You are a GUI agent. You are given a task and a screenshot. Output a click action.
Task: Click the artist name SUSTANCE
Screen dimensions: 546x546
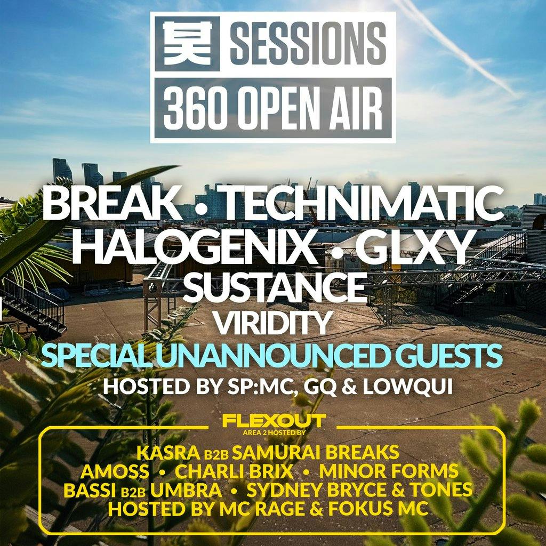point(274,288)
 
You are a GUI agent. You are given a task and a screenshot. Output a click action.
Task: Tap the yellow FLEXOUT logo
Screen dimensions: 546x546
point(274,421)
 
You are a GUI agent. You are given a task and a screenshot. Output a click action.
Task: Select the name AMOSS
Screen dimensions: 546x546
point(115,471)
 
